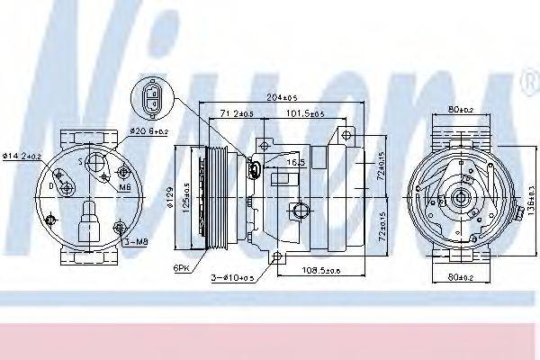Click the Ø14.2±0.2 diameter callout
click(x=22, y=156)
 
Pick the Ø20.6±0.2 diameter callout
click(x=148, y=131)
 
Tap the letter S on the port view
click(x=80, y=162)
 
